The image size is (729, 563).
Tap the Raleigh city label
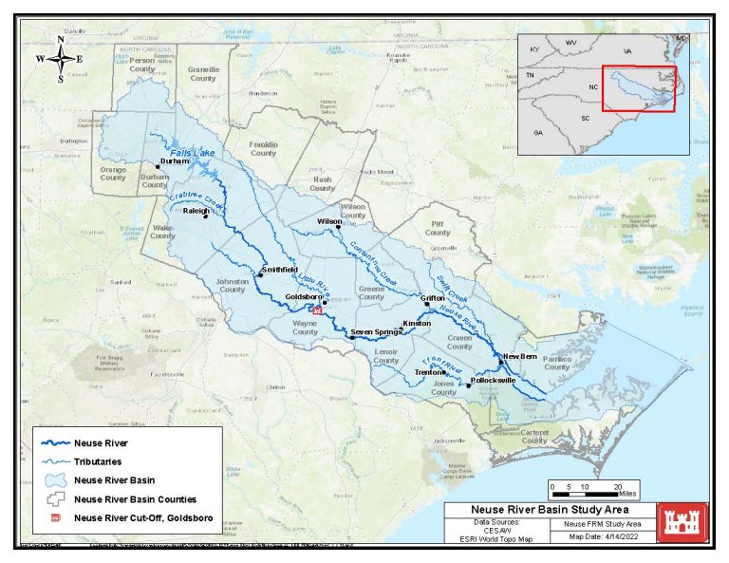(195, 212)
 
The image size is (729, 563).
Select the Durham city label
(175, 161)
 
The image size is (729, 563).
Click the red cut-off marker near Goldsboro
(319, 310)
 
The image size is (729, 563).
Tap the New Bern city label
(520, 356)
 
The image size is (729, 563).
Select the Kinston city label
(417, 324)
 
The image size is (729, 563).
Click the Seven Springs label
(376, 331)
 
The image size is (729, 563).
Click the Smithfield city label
(279, 270)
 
